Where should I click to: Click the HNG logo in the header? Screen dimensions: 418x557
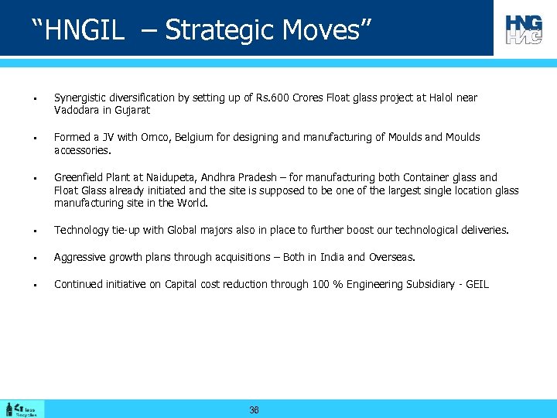tap(524, 29)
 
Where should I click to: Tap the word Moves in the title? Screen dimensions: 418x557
tap(322, 30)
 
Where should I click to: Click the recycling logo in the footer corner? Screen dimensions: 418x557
tap(22, 409)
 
